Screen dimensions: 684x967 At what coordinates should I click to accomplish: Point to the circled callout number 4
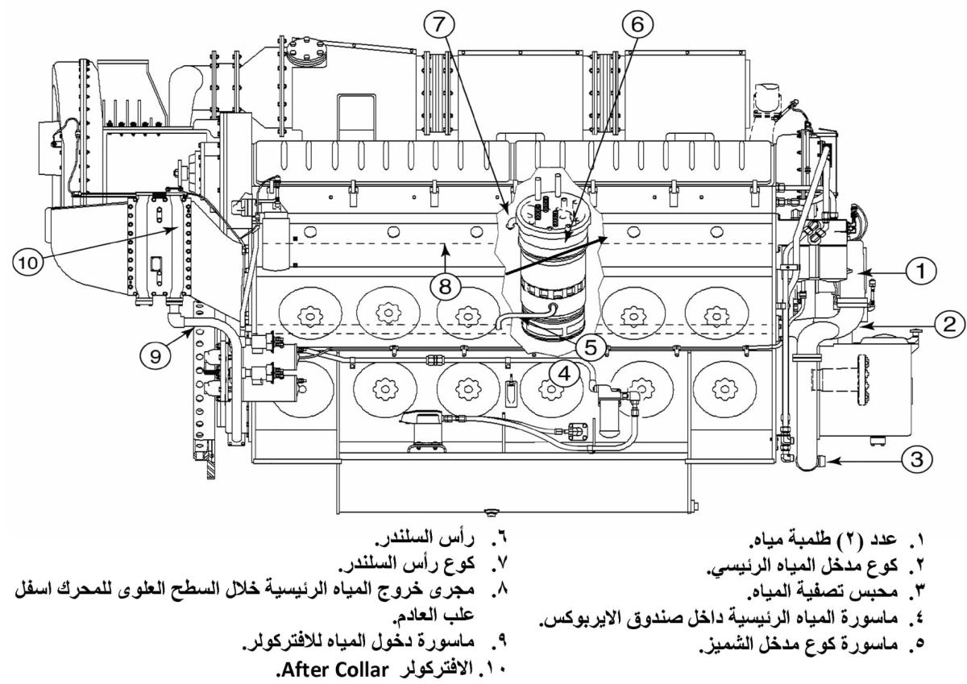563,373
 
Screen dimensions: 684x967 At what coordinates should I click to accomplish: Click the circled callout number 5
591,347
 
